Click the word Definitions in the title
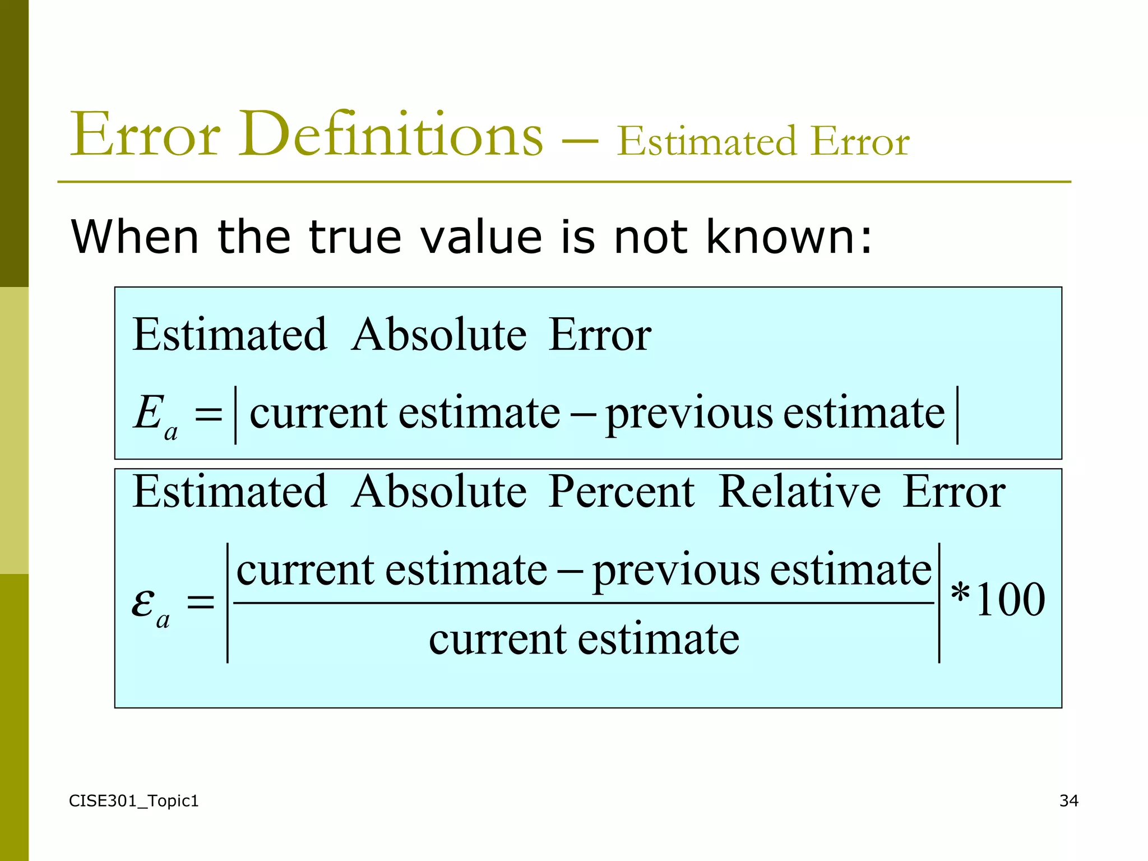(x=391, y=135)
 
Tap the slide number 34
(x=1068, y=800)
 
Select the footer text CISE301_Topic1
(x=133, y=801)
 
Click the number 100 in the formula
(x=1010, y=600)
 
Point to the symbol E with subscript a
(x=155, y=416)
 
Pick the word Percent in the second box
(x=621, y=492)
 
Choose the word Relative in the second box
(x=799, y=492)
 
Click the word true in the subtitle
(x=355, y=237)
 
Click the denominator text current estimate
(x=584, y=640)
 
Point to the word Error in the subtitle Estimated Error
(x=860, y=141)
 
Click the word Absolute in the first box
(x=439, y=335)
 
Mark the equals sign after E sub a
(x=208, y=415)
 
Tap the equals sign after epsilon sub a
(x=200, y=603)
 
